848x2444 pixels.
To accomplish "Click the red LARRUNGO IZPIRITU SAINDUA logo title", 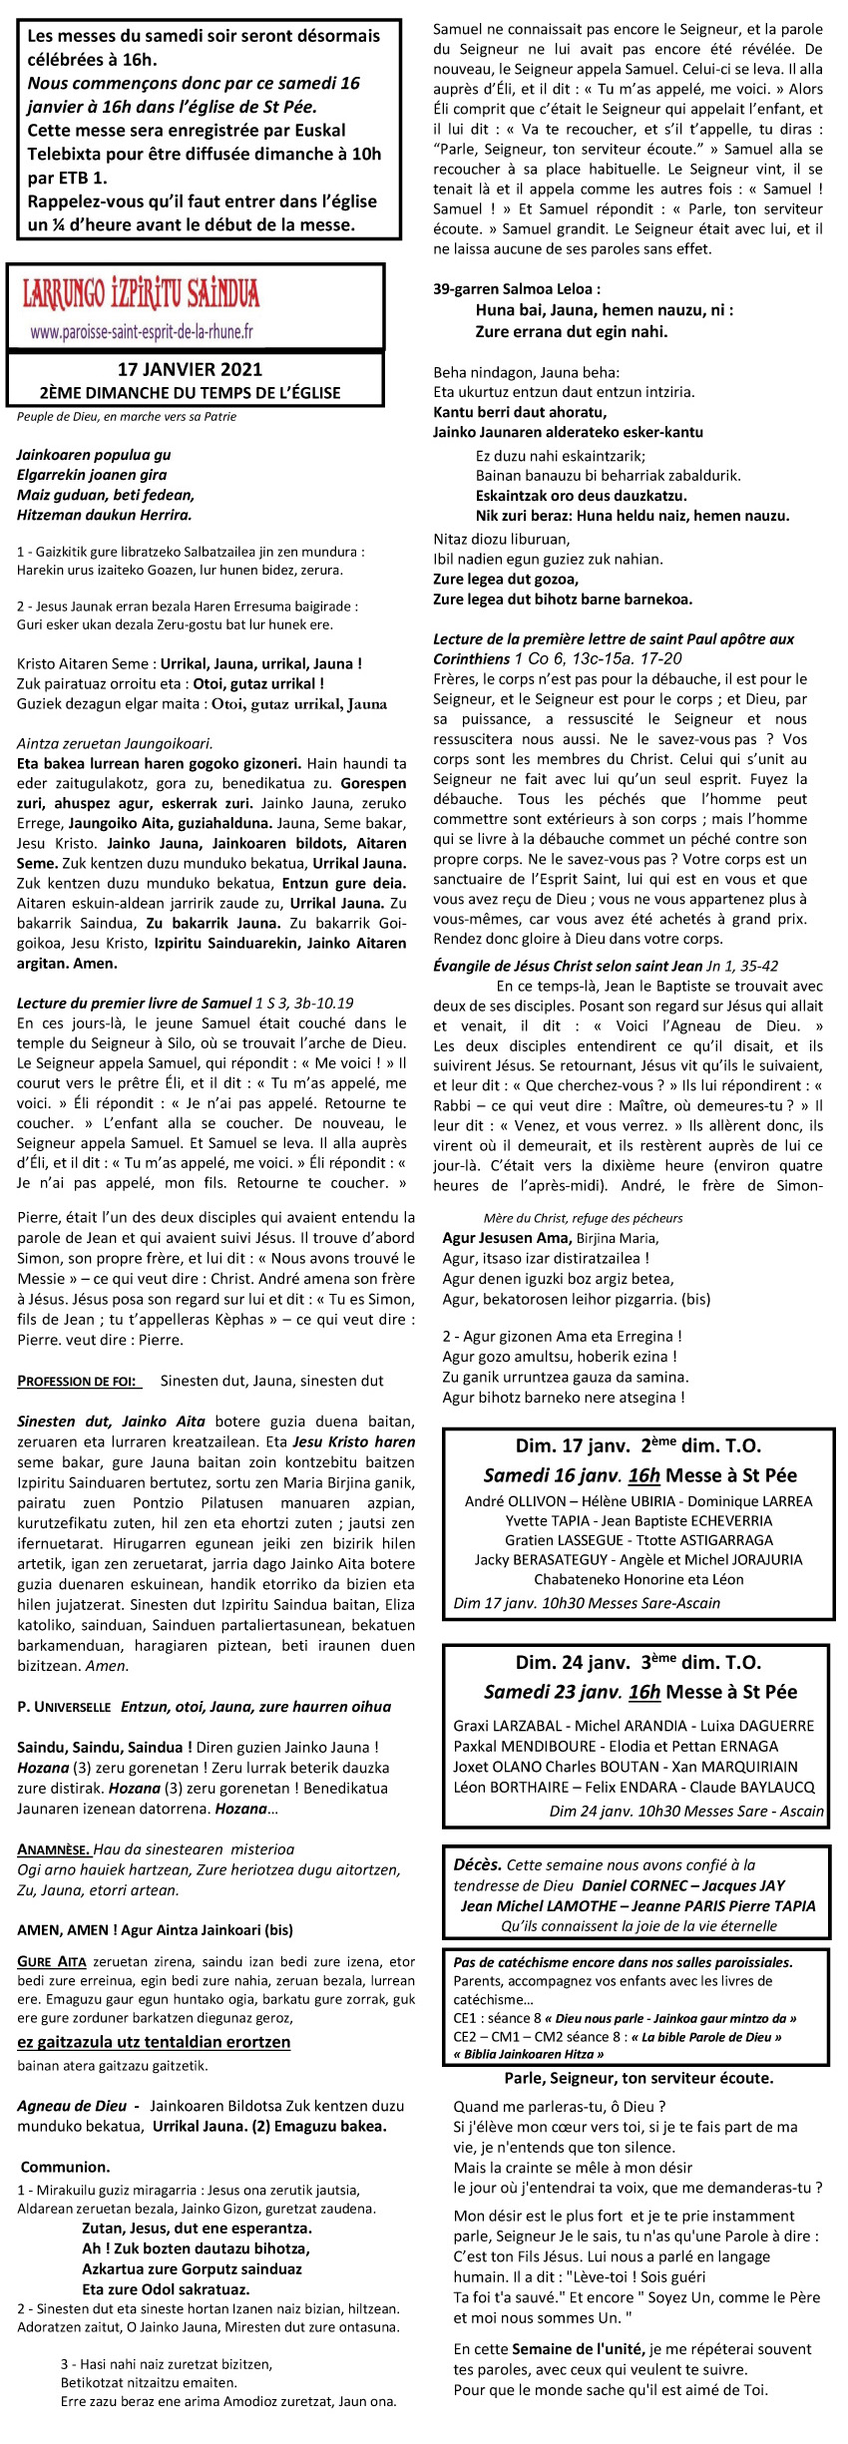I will pyautogui.click(x=142, y=293).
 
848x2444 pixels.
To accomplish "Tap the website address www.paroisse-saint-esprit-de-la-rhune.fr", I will pyautogui.click(x=142, y=331).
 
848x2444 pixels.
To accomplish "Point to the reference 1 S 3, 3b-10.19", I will pyautogui.click(x=304, y=1003).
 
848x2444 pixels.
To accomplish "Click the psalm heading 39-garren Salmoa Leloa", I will pyautogui.click(x=517, y=289).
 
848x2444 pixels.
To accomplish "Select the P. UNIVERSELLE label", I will pyautogui.click(x=64, y=1707).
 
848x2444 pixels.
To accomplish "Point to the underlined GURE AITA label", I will pyautogui.click(x=52, y=1961).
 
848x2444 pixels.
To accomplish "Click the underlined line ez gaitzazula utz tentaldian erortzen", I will pyautogui.click(x=154, y=2042).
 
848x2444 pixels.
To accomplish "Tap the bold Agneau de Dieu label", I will pyautogui.click(x=72, y=2106).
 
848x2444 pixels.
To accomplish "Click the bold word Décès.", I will pyautogui.click(x=477, y=1863).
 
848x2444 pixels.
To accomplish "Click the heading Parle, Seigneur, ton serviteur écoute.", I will pyautogui.click(x=638, y=2078).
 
